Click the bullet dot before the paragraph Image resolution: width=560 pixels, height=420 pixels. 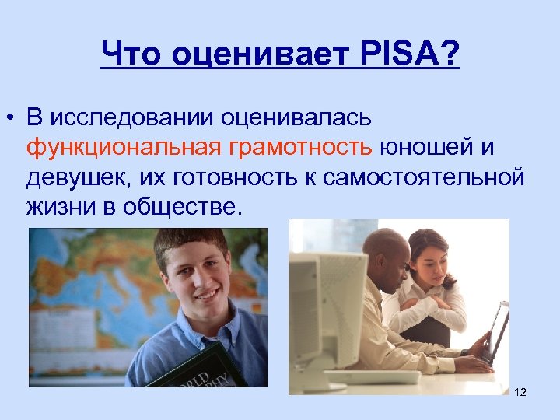point(10,118)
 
